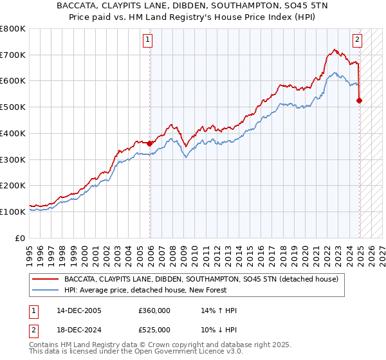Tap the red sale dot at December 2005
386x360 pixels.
click(150, 143)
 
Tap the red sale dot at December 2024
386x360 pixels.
click(360, 100)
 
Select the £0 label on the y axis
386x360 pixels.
click(21, 238)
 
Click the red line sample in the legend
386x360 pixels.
click(45, 278)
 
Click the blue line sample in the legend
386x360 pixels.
click(45, 289)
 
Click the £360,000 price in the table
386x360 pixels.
click(154, 310)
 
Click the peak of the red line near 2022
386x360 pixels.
click(335, 49)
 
